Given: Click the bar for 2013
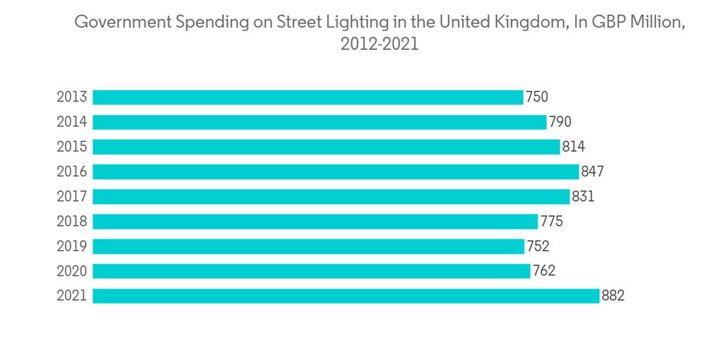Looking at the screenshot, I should click(x=308, y=97).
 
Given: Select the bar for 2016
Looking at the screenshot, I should click(x=336, y=171).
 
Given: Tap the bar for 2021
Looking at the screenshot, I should click(x=346, y=296).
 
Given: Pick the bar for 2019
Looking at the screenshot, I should click(x=308, y=246).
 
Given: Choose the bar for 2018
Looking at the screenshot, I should click(x=315, y=221).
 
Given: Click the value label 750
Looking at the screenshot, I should click(x=537, y=97).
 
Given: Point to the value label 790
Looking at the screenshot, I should click(x=560, y=122).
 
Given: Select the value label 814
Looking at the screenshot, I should click(x=573, y=147).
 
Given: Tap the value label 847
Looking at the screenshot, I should click(x=593, y=171).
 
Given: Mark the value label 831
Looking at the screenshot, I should click(x=583, y=196).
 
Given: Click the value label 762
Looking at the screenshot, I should click(x=543, y=271).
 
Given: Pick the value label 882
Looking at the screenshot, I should click(x=613, y=296).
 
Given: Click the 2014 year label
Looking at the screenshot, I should click(x=71, y=122).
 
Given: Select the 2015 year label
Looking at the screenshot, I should click(x=71, y=147).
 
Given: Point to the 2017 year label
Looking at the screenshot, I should click(x=71, y=196).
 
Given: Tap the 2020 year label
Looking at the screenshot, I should click(x=71, y=271).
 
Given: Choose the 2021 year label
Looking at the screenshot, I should click(x=71, y=296).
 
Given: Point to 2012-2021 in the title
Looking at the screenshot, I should click(x=379, y=44).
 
